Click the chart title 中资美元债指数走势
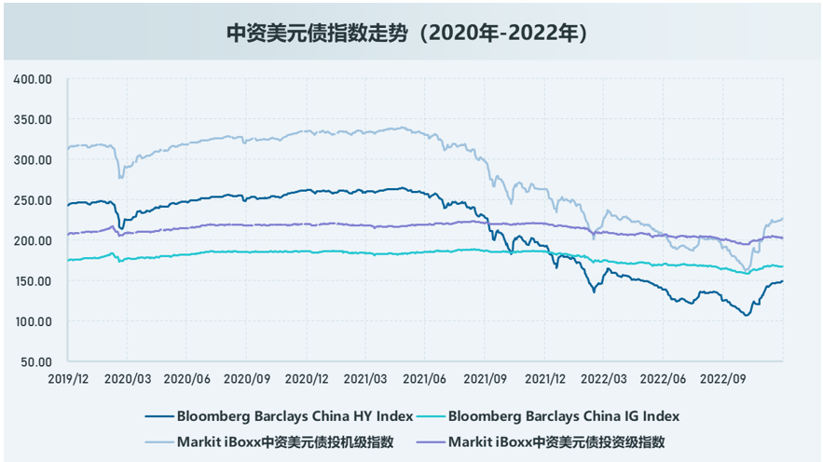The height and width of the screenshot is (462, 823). coord(411,34)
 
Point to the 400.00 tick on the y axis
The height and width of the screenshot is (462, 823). coord(33,79)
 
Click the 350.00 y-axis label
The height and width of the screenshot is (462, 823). coord(33,120)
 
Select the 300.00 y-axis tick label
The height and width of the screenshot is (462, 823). coord(33,160)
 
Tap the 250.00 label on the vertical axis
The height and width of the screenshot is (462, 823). coord(33,200)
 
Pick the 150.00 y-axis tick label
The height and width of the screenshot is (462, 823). coord(33,281)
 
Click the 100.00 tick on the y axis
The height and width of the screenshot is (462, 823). coord(33,321)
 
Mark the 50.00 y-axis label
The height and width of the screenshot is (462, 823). coord(35,361)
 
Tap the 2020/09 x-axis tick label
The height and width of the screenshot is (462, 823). coord(246,379)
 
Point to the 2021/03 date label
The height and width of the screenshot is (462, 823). coord(366,379)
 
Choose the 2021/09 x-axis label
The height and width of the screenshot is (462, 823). coord(485,379)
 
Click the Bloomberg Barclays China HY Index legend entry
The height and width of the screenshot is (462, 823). coord(294,415)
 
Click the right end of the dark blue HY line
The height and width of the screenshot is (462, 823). coord(782,281)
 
